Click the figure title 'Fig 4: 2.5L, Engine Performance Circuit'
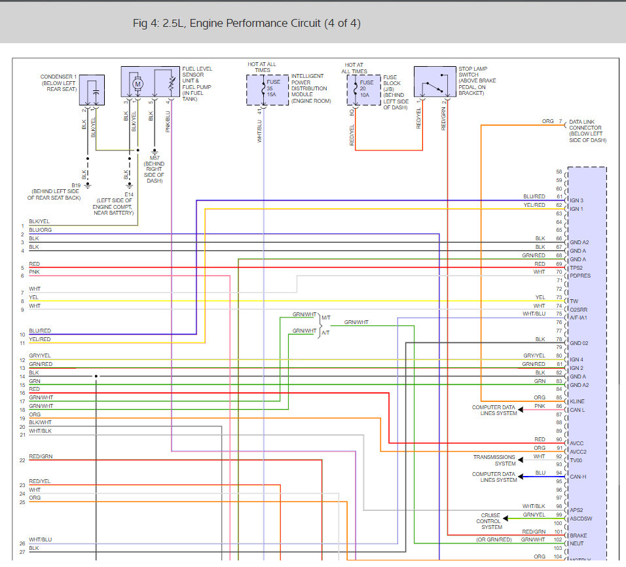pos(246,24)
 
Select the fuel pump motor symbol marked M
pos(138,83)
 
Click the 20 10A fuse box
pos(363,88)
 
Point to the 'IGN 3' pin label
pos(576,200)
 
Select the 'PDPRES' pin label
pos(580,276)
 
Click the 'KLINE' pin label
pos(578,401)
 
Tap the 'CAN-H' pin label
pos(578,477)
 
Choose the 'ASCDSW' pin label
pos(580,519)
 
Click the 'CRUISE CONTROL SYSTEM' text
pos(491,521)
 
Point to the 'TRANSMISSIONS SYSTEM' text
pos(494,460)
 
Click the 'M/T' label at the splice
pos(325,318)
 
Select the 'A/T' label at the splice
pos(325,333)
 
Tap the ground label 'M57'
pos(155,158)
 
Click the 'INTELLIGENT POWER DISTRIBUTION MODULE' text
pos(311,88)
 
